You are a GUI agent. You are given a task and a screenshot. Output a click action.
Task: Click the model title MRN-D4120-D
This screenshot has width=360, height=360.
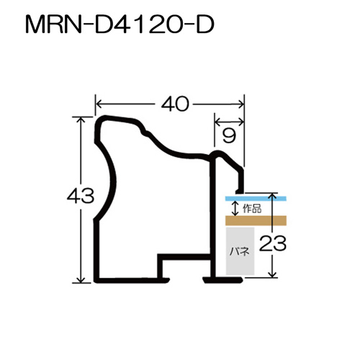coord(120,24)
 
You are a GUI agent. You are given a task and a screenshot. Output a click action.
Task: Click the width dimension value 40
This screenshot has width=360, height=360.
coord(175,104)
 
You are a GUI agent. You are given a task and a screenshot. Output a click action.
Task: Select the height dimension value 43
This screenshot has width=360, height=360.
coord(81,196)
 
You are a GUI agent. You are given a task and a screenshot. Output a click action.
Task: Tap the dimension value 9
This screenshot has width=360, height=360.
coord(229,136)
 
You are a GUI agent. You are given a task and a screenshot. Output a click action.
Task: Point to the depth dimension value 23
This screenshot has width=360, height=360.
coord(273,243)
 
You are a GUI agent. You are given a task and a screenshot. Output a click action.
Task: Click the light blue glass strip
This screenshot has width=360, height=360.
coord(256,199)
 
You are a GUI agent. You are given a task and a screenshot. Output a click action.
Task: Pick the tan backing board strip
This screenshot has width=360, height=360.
coord(256,220)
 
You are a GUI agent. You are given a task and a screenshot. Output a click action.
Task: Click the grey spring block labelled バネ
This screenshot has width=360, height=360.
coord(240,251)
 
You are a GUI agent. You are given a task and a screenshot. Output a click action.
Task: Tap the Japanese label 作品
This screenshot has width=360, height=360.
coord(252,209)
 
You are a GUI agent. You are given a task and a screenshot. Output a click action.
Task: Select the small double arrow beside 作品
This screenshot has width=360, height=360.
coord(235,208)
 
